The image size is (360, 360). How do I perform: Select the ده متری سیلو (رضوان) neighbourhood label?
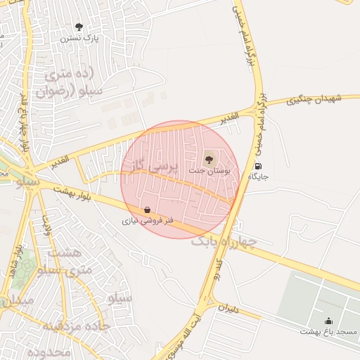coord(75,82)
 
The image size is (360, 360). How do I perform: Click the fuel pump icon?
coord(259,167)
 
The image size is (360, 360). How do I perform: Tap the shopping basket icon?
coord(146,210)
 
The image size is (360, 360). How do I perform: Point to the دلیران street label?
coord(229,307)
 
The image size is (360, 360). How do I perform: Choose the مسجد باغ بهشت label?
coord(328,330)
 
